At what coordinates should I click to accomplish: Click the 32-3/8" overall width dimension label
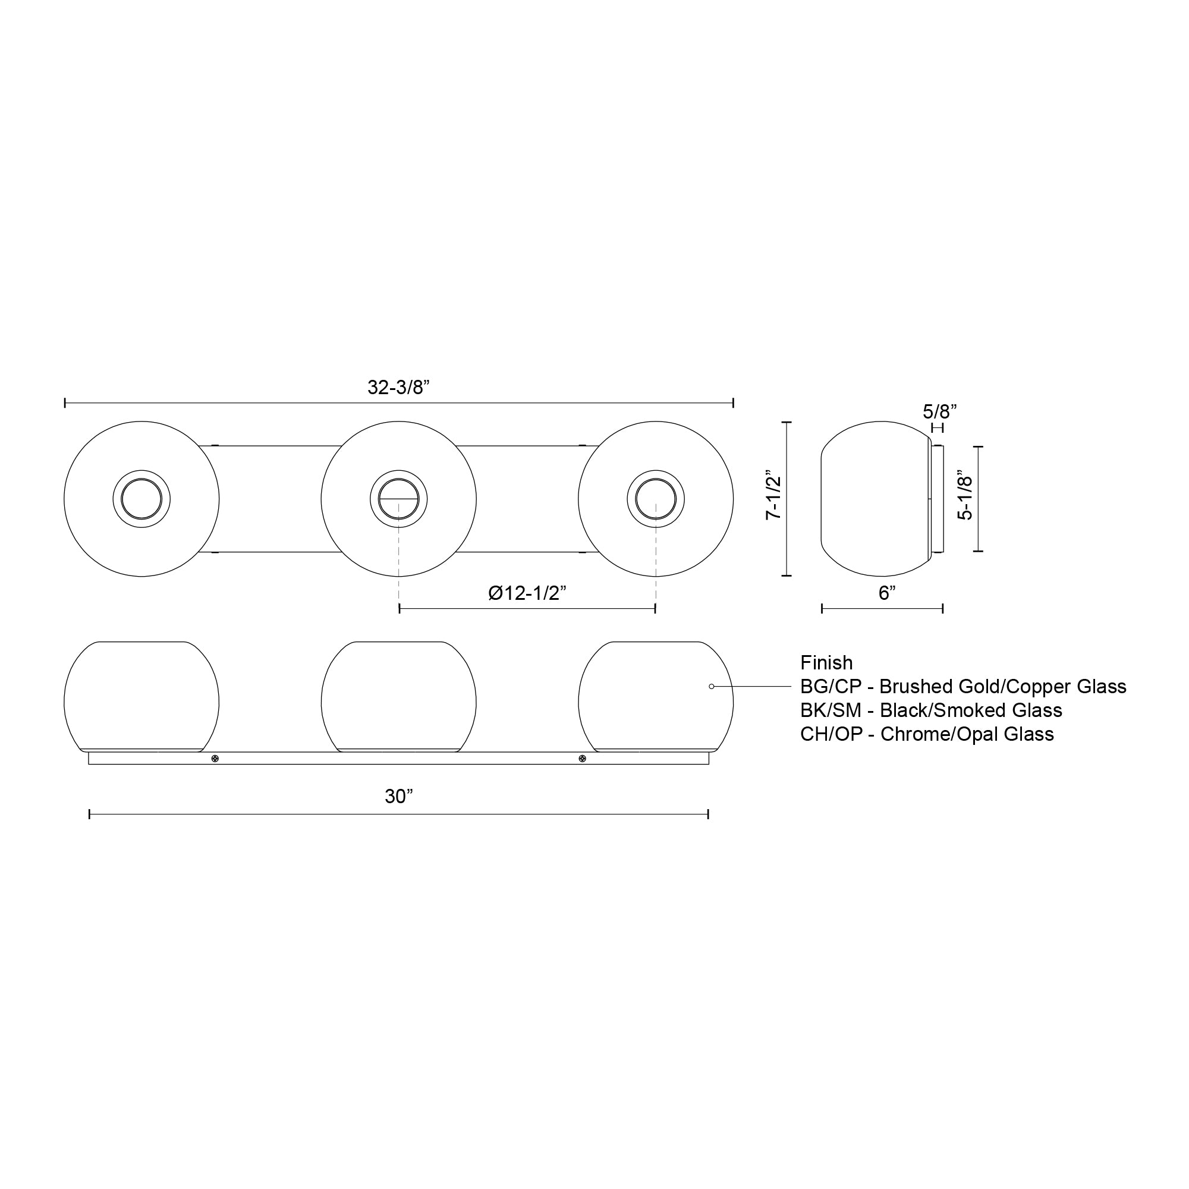[398, 388]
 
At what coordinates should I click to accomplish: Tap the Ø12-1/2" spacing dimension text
[527, 593]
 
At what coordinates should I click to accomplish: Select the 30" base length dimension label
[398, 797]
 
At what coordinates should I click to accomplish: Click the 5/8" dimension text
[939, 411]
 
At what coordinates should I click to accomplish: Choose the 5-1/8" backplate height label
[965, 499]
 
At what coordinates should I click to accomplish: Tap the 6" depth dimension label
[887, 593]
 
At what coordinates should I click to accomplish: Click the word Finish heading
[826, 663]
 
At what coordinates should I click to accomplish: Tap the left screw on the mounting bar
[215, 759]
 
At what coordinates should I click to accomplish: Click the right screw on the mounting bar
[582, 759]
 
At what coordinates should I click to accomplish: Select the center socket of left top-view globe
[141, 499]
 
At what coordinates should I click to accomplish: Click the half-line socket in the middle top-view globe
[398, 499]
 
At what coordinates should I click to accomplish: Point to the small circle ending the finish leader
[712, 686]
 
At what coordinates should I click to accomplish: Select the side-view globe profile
[874, 499]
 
